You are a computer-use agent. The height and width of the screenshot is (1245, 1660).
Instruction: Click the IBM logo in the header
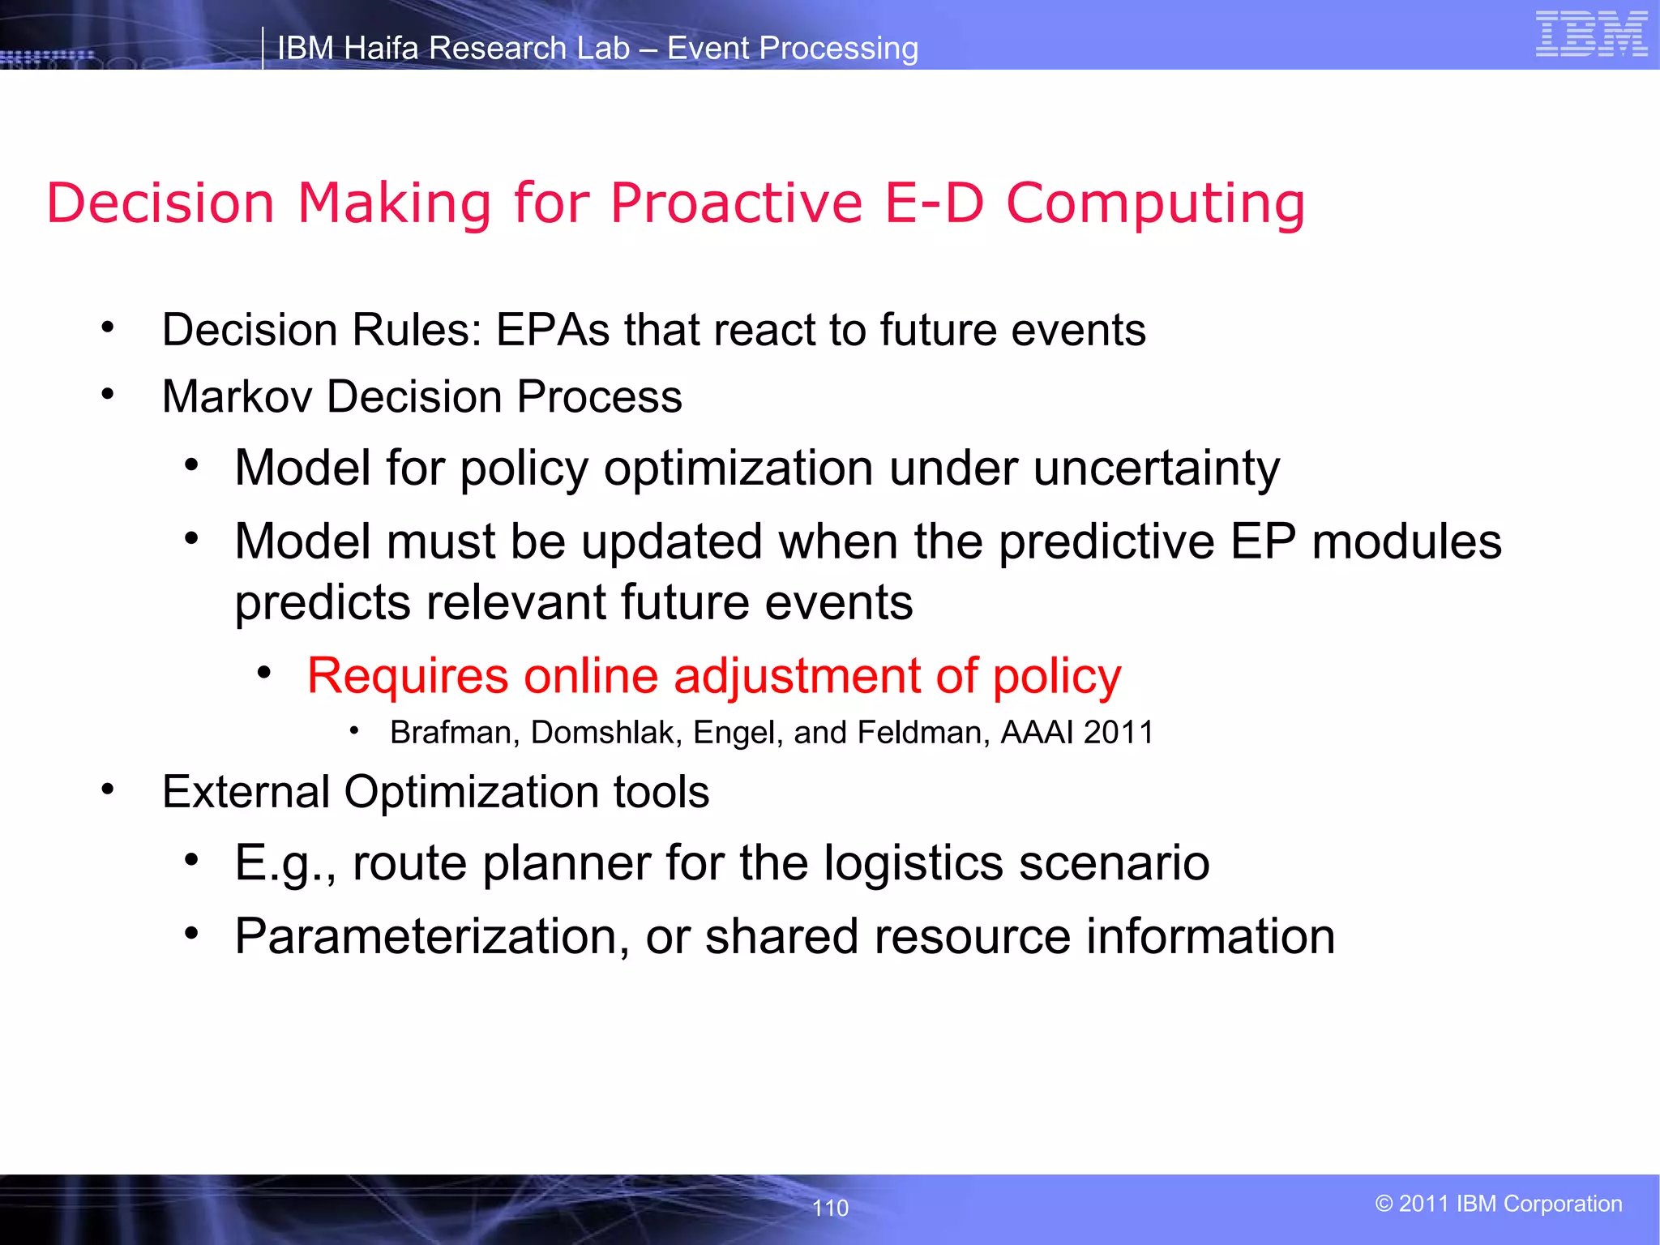pyautogui.click(x=1591, y=35)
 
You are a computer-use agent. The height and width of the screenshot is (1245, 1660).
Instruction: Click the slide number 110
pyautogui.click(x=830, y=1208)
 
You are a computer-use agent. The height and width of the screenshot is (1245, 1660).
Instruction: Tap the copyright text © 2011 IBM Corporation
pyautogui.click(x=1499, y=1204)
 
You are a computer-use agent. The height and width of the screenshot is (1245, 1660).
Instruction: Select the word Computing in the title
pyautogui.click(x=1155, y=204)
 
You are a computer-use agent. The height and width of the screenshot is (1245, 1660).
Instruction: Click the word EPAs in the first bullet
pyautogui.click(x=552, y=330)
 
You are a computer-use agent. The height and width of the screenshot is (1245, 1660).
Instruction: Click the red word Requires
pyautogui.click(x=408, y=676)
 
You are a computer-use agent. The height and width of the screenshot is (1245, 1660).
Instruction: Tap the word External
pyautogui.click(x=246, y=792)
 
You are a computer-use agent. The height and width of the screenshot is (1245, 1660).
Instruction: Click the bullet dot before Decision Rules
pyautogui.click(x=108, y=328)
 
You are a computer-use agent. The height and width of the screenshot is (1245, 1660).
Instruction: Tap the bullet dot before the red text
pyautogui.click(x=263, y=673)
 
